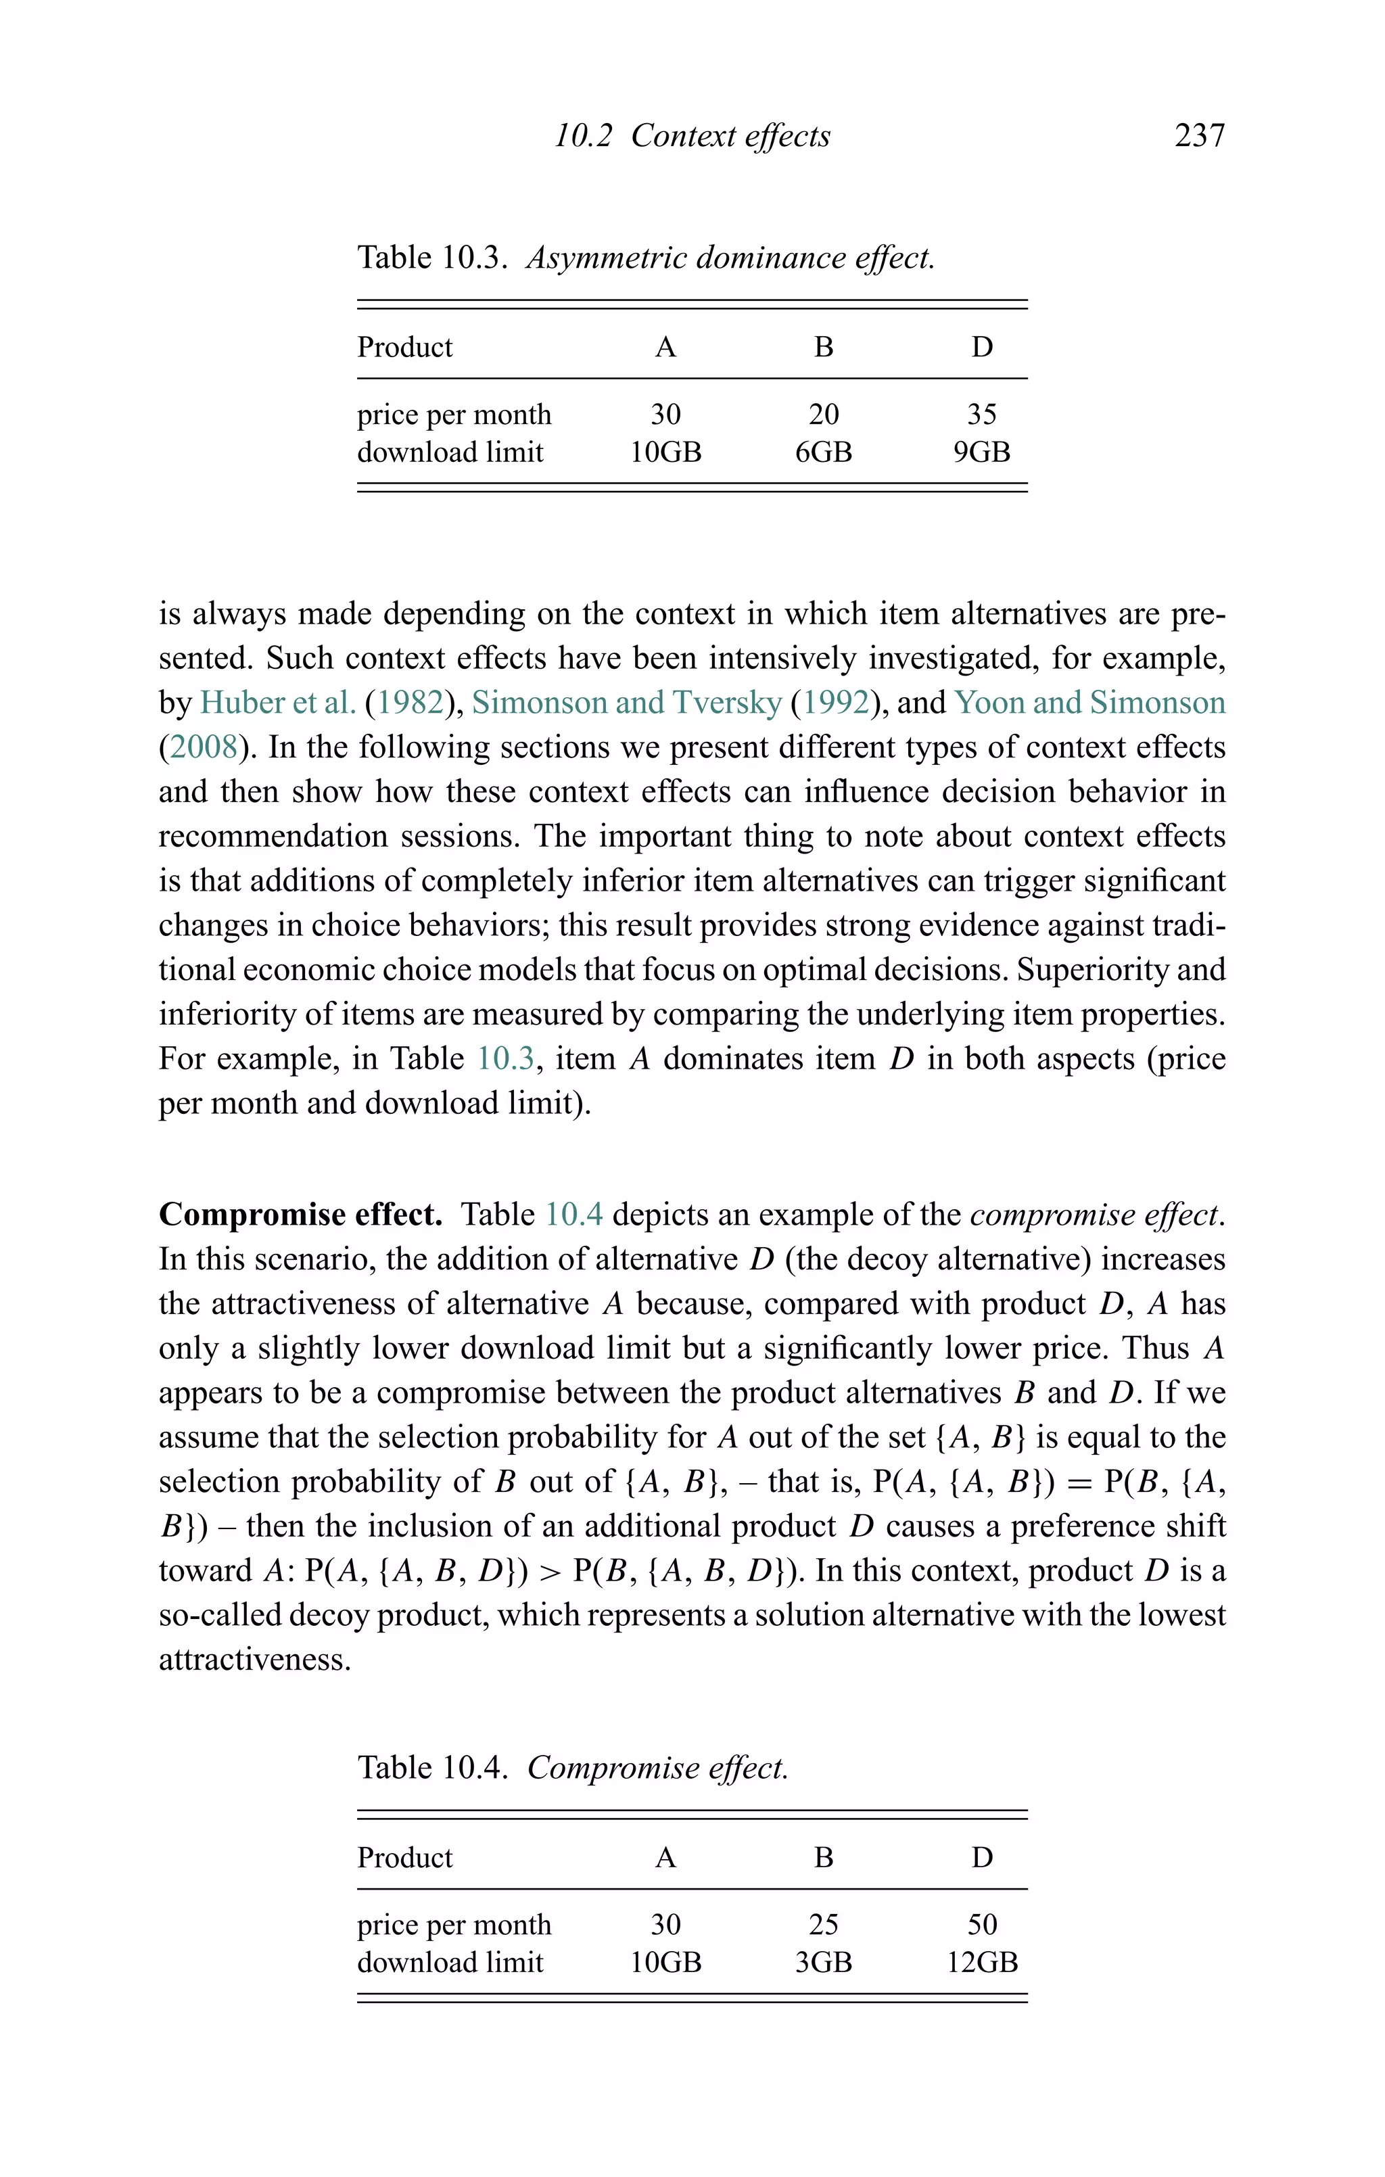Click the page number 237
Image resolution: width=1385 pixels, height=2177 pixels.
coord(1199,136)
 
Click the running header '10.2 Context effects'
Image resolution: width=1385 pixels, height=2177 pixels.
coord(692,136)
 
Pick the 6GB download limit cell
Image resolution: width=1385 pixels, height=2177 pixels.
coord(823,452)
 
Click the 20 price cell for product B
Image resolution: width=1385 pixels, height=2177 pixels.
coord(823,414)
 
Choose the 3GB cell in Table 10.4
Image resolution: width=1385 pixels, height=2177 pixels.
coord(823,1963)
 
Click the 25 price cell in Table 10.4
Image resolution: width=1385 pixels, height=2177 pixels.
coord(823,1925)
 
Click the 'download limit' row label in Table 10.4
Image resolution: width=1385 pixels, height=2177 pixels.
coord(450,1963)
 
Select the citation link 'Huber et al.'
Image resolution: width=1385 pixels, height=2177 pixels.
coord(277,703)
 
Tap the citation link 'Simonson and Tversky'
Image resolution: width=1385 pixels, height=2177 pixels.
coord(626,703)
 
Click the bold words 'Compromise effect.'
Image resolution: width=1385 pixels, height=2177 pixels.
coord(300,1214)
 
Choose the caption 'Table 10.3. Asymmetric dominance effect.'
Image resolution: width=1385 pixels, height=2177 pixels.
coord(645,258)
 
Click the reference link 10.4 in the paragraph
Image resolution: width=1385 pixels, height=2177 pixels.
coord(573,1214)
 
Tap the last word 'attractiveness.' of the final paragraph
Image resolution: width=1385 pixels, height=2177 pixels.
coord(254,1659)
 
